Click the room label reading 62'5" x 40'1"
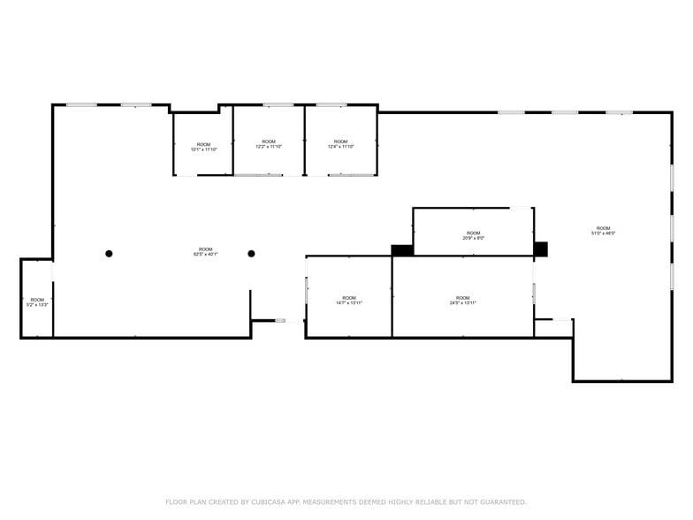point(205,252)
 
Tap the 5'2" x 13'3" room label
point(37,302)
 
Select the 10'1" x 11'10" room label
point(203,147)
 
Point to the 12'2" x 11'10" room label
point(269,144)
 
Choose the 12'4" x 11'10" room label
point(340,144)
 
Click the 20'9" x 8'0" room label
point(473,235)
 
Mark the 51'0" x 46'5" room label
point(603,231)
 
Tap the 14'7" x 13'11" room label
point(349,300)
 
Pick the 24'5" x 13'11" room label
point(462,300)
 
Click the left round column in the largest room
point(109,254)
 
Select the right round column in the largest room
point(251,254)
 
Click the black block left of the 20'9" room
point(402,250)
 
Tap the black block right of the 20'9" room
point(540,249)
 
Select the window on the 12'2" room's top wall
point(278,105)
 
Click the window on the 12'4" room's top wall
point(331,105)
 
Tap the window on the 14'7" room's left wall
point(307,289)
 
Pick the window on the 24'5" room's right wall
point(534,293)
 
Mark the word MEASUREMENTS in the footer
point(334,502)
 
